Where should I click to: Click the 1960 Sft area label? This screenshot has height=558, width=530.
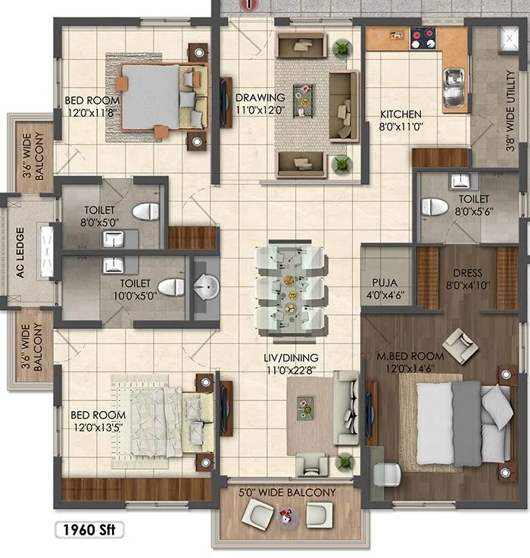[x=89, y=528]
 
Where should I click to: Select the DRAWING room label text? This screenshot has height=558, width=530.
[x=260, y=98]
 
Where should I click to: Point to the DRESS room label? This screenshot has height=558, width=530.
[x=467, y=274]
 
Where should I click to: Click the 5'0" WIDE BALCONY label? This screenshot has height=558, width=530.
[x=288, y=493]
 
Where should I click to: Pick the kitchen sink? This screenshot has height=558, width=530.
[x=454, y=89]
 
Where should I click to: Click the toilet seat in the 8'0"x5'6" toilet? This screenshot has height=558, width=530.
[x=432, y=207]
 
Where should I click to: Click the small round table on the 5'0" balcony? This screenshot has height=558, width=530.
[x=286, y=518]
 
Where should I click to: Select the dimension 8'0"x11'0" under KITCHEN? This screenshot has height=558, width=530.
[x=402, y=128]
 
